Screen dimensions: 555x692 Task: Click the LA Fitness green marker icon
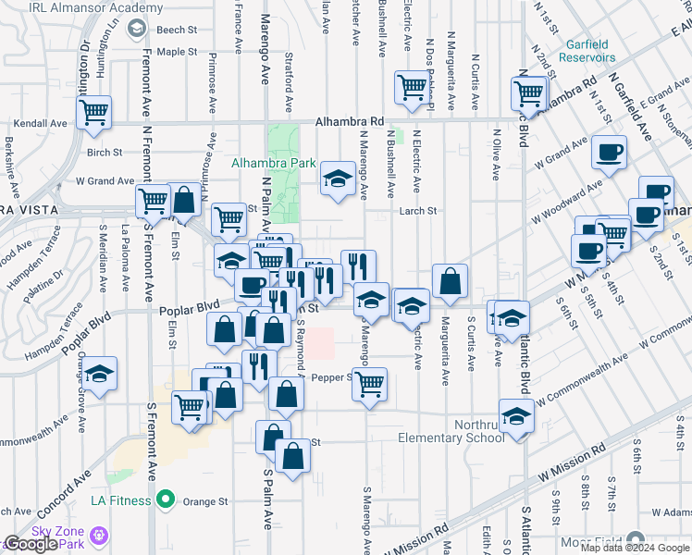(166, 501)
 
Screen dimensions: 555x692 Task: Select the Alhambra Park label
(273, 163)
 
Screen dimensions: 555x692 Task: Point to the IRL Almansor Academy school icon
(137, 29)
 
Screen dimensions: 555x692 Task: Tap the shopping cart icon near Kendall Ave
(93, 112)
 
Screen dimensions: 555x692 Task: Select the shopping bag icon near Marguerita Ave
(449, 281)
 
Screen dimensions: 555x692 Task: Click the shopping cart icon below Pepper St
(370, 384)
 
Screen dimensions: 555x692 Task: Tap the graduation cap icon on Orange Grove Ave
(101, 373)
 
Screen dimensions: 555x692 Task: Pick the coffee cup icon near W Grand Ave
(608, 151)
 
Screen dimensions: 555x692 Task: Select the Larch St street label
(417, 211)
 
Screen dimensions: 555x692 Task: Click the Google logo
(31, 544)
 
